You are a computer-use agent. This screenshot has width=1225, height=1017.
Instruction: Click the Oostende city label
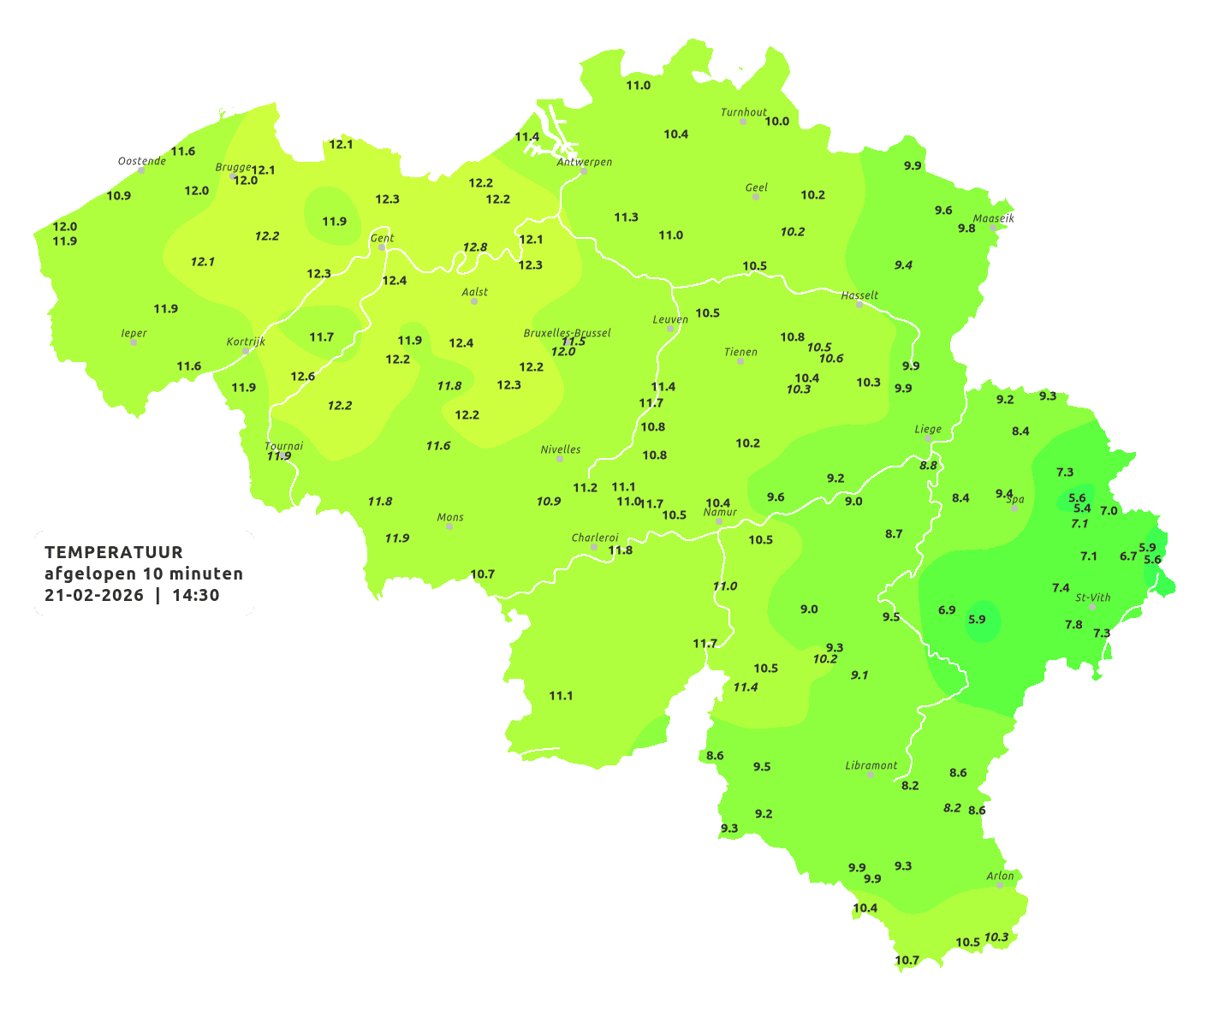[141, 161]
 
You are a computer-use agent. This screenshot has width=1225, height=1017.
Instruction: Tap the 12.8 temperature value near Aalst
[475, 247]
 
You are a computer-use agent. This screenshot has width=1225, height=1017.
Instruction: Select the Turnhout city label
[743, 112]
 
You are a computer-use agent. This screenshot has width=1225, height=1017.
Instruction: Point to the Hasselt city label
[859, 295]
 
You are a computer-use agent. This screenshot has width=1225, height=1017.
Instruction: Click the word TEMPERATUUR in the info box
[114, 552]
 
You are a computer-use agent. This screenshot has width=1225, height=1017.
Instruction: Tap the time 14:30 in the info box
[196, 595]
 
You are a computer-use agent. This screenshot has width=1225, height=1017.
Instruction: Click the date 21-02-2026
[94, 595]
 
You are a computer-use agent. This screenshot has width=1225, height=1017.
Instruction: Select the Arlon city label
[1000, 876]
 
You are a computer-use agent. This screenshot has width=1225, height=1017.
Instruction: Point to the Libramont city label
[871, 765]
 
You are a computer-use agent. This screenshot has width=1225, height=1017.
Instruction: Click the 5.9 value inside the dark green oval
[977, 620]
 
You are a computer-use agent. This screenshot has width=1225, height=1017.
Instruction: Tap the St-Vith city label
[1092, 598]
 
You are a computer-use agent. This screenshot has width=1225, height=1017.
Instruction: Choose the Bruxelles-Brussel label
[567, 332]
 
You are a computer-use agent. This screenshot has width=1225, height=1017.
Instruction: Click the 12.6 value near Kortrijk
[302, 377]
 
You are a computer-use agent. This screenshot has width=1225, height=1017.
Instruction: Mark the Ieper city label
[134, 333]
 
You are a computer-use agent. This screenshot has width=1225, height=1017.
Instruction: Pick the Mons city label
[449, 517]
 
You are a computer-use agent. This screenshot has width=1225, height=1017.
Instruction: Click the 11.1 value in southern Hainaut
[561, 696]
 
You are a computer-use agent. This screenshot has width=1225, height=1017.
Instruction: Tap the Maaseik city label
[993, 218]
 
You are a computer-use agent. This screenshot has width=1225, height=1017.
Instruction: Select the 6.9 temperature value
[947, 610]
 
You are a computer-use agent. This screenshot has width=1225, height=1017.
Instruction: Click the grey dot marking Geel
[756, 197]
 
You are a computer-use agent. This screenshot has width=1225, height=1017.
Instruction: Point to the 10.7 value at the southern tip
[907, 960]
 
